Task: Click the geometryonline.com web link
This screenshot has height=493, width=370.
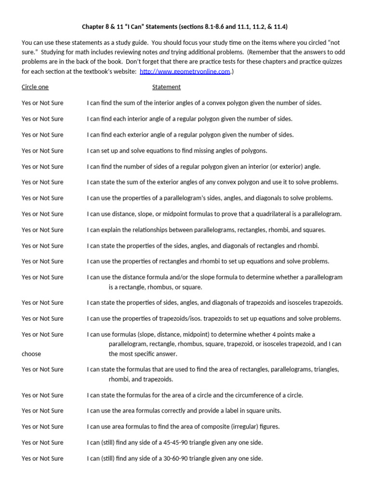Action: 185,72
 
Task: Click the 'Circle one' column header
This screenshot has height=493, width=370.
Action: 35,87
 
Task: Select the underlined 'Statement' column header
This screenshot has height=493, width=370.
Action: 166,87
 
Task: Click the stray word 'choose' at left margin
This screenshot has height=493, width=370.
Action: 31,354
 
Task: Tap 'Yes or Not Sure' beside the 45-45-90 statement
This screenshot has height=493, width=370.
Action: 42,442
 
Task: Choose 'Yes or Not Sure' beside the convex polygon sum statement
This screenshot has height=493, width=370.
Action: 42,103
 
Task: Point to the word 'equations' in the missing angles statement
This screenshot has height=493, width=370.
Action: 152,151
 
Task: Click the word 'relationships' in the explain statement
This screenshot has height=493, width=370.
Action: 136,230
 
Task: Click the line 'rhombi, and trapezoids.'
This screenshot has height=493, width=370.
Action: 141,379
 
